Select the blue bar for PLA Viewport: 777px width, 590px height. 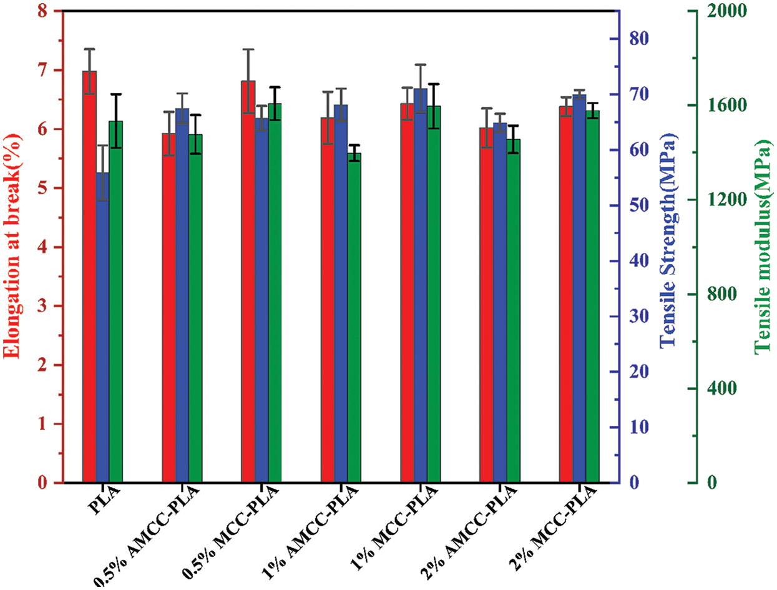[x=102, y=327]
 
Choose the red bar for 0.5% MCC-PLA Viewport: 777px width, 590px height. [x=248, y=282]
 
